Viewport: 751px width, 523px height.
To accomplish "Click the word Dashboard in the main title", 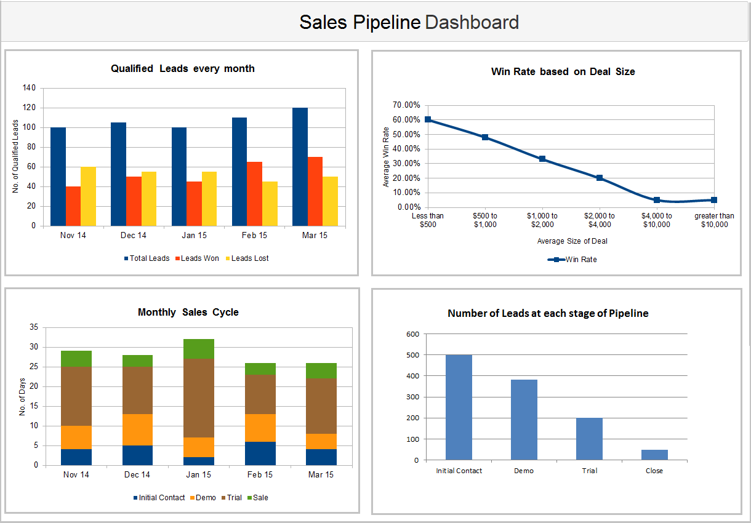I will (x=472, y=23).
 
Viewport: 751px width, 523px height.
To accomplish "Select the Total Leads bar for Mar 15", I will (x=300, y=167).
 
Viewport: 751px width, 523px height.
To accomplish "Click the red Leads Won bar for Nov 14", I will (x=73, y=206).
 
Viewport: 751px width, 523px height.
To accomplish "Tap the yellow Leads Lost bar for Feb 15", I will (x=270, y=204).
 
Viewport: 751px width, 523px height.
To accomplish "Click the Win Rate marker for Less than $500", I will (x=428, y=120).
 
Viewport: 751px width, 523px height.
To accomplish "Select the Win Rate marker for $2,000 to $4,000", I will (x=600, y=178).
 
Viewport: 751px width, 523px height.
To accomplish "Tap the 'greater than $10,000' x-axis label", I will (x=714, y=220).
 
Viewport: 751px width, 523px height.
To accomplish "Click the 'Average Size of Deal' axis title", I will (x=572, y=241).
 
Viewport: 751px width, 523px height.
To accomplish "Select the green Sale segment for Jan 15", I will (x=199, y=349).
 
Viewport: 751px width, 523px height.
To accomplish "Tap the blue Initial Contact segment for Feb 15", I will (x=260, y=453).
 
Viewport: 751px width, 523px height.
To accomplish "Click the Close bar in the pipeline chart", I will (x=654, y=455).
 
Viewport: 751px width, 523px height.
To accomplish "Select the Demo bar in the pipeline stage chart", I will (x=524, y=420).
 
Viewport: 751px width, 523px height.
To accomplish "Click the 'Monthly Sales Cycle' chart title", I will (x=188, y=313).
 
